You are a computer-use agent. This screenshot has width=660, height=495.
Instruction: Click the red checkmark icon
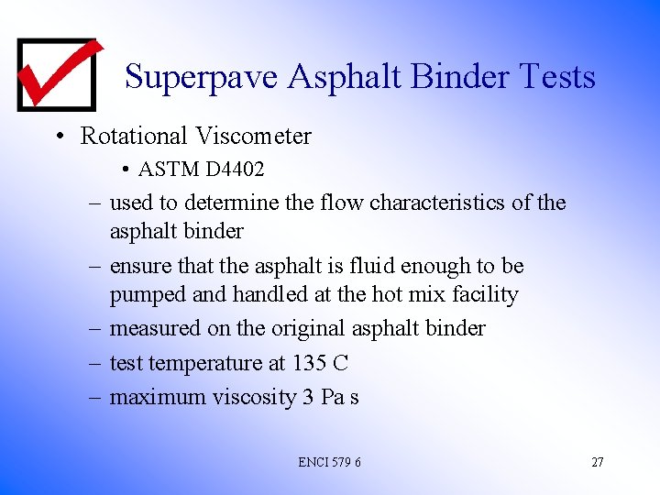click(57, 73)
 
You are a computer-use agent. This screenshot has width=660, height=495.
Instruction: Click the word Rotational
click(134, 137)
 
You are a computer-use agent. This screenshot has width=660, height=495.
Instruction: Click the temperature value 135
click(309, 363)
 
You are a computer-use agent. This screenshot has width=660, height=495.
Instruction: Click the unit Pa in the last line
click(329, 397)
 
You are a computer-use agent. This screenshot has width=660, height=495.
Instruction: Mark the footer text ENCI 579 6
click(329, 462)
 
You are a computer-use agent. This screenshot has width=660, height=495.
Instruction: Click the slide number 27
click(597, 462)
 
